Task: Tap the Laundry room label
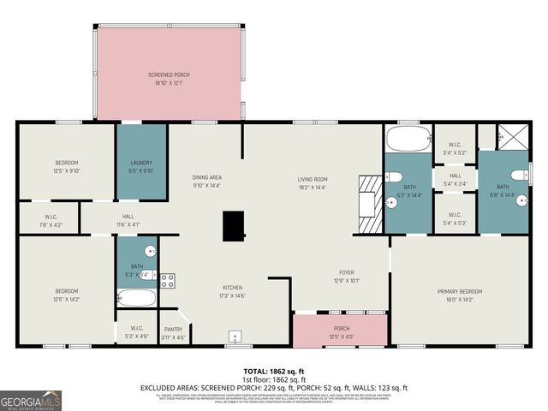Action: point(141,166)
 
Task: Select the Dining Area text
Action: point(206,181)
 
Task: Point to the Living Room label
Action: point(313,182)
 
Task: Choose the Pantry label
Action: point(174,332)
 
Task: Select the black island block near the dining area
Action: point(233,226)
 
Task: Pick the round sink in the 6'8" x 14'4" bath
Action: point(517,176)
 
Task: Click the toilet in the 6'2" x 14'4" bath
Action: point(395,176)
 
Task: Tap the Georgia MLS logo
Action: point(31,400)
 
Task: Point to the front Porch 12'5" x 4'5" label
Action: point(341,331)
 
